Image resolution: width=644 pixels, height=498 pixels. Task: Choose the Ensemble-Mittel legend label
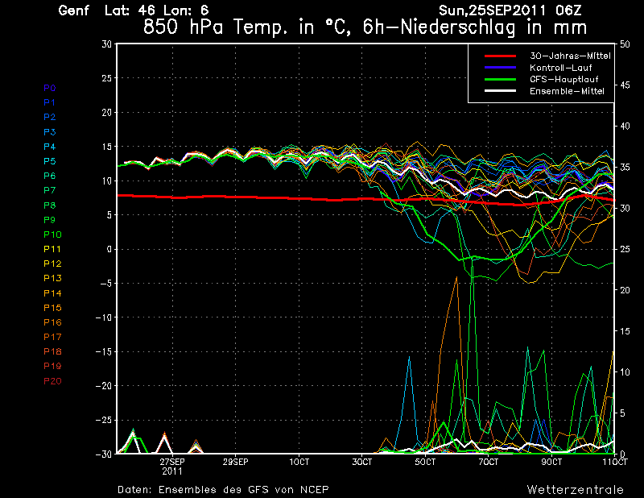(x=567, y=91)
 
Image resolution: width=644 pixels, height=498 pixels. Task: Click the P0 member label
(x=49, y=87)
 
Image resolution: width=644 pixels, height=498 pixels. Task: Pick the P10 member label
(x=52, y=234)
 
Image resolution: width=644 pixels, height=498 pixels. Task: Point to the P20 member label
(x=52, y=381)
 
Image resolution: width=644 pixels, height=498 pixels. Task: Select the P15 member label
(x=52, y=308)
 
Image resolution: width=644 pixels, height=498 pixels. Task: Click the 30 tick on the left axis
(x=106, y=44)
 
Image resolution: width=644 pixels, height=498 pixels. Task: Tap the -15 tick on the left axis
(x=103, y=352)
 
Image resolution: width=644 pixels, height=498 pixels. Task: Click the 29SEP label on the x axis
(x=235, y=463)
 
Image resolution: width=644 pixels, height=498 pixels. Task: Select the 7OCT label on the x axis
(x=488, y=463)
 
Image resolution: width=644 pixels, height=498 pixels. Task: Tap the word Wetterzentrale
(x=575, y=489)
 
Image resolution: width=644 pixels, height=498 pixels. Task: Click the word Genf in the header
(x=75, y=11)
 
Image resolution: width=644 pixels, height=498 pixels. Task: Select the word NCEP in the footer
(x=312, y=489)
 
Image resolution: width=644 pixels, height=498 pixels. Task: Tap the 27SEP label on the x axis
(x=172, y=463)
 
